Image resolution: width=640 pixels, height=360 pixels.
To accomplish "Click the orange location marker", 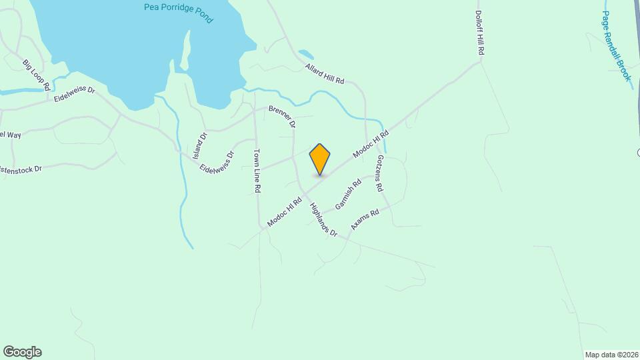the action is pyautogui.click(x=320, y=159).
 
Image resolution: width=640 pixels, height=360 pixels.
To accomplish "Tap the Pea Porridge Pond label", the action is pyautogui.click(x=178, y=13).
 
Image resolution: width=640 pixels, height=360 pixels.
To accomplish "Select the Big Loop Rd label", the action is pyautogui.click(x=37, y=75).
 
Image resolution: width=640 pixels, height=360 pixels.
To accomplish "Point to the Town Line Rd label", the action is pyautogui.click(x=257, y=171).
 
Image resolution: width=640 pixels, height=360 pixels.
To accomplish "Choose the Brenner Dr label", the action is pyautogui.click(x=282, y=115).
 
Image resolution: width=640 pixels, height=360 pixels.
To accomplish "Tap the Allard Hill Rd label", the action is pyautogui.click(x=325, y=74).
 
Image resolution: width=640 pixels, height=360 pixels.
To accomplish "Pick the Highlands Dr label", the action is pyautogui.click(x=323, y=220).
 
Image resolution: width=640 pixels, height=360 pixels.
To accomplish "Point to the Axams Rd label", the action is pyautogui.click(x=365, y=219).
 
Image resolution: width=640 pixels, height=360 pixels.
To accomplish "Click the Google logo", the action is pyautogui.click(x=22, y=352).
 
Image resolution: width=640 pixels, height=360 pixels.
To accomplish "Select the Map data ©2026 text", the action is pyautogui.click(x=611, y=355).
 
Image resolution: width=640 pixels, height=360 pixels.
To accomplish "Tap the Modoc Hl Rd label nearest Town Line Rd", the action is pyautogui.click(x=285, y=211).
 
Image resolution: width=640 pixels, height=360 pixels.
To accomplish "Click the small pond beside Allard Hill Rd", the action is pyautogui.click(x=306, y=54).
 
